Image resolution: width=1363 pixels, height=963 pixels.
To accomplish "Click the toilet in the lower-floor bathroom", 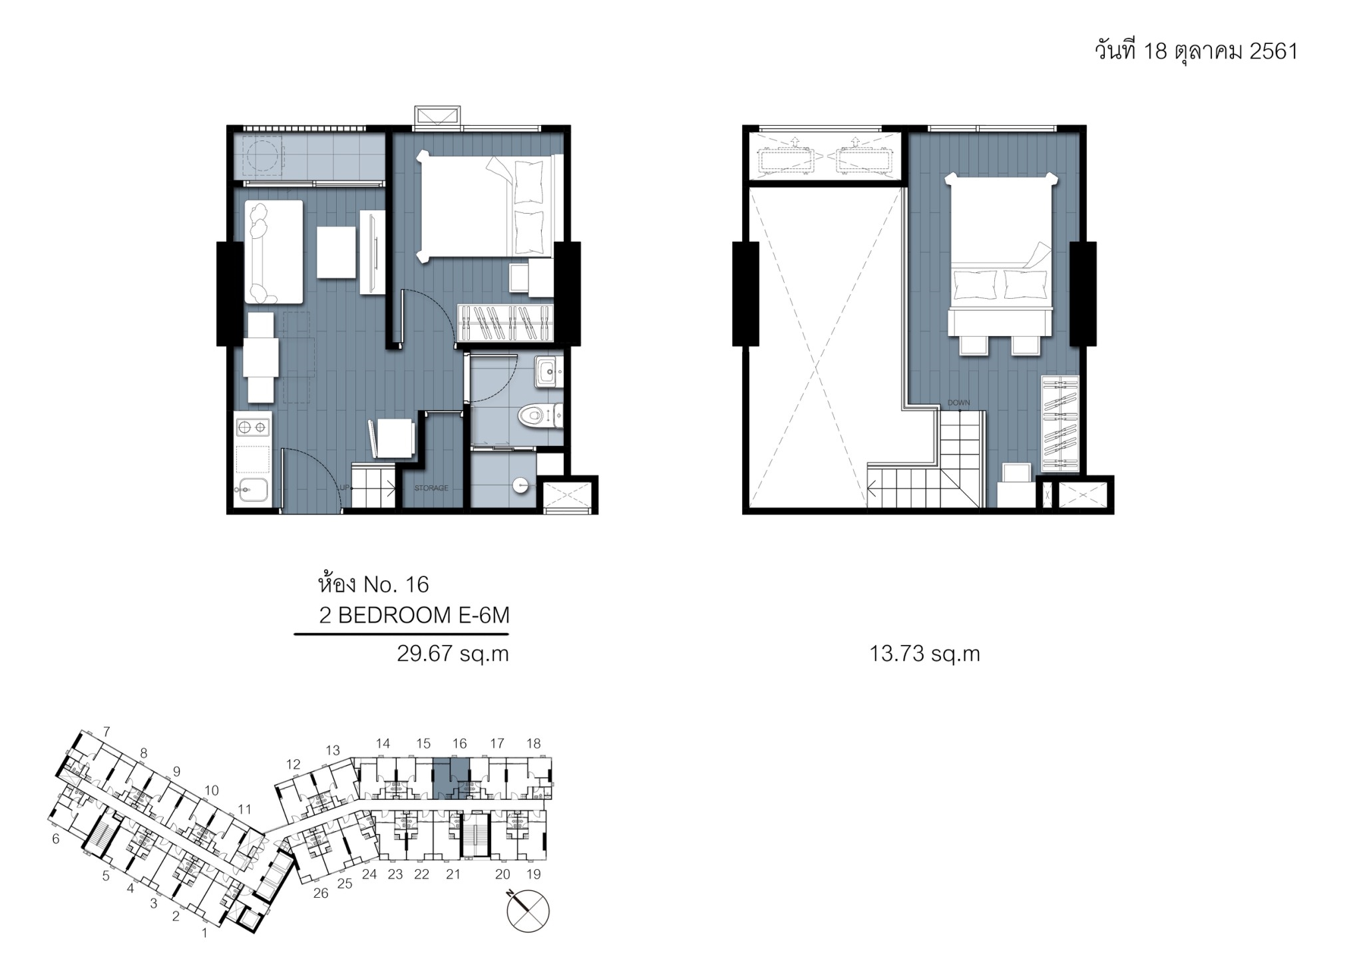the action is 540,417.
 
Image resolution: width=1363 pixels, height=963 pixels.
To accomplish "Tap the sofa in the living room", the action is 274,252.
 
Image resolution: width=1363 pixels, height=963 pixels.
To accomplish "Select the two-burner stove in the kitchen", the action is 254,426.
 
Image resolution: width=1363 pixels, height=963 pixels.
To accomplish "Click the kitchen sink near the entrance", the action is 252,490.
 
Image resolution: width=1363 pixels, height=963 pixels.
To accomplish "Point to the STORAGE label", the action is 431,488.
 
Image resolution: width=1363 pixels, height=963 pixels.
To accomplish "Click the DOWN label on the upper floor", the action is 959,403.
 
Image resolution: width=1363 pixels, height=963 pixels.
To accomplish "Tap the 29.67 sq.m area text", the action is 453,654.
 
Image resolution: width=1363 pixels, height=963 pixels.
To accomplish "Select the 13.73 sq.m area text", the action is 924,654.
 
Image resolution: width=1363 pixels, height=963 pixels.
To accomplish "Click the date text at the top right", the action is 1196,51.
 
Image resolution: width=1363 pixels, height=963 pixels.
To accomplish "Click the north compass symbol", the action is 528,910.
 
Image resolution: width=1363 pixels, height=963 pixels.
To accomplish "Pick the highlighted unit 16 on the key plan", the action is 451,778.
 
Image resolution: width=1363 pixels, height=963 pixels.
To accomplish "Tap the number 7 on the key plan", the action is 106,732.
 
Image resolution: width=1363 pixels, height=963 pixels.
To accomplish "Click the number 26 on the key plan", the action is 321,893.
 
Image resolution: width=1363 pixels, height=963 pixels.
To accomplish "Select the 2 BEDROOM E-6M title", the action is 414,616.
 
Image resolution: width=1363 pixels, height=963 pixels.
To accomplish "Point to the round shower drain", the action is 520,486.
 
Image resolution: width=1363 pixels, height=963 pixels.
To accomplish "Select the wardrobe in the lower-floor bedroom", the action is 505,323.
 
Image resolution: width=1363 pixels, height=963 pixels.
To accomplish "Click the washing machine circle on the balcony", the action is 262,156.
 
